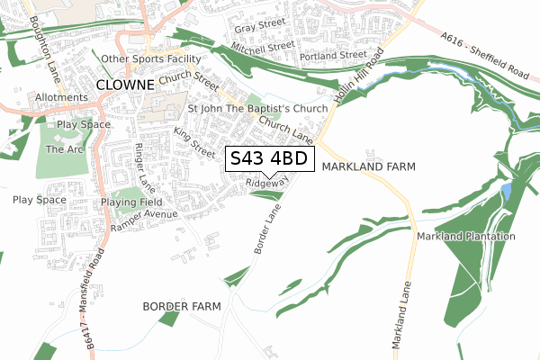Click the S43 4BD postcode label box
tap(269, 159)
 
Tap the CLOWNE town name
tap(127, 85)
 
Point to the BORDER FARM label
tap(182, 307)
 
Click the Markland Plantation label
tap(466, 237)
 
